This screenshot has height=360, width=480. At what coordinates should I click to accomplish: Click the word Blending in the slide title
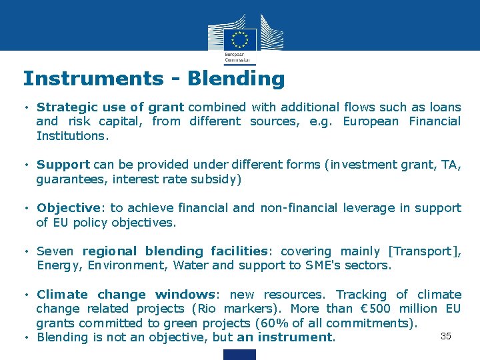[236, 79]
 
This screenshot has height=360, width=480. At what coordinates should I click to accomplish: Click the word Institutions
[72, 136]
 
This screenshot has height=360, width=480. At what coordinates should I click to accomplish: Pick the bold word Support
[63, 165]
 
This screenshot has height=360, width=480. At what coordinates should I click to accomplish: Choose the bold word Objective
[67, 208]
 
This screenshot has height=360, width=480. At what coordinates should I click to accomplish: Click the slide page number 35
[446, 336]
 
